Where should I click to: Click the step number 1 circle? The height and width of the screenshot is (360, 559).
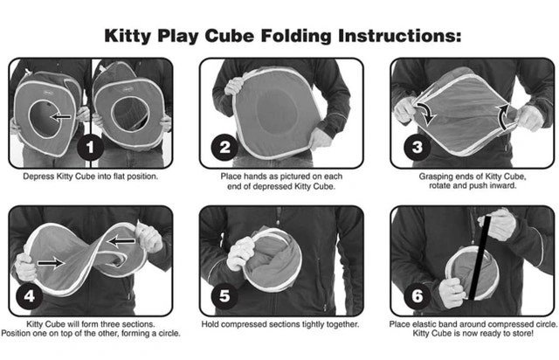[x=90, y=147]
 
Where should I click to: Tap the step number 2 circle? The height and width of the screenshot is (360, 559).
[x=224, y=147]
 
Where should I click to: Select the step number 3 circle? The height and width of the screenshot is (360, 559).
[x=418, y=147]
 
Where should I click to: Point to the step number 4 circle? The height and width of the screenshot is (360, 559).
[x=29, y=296]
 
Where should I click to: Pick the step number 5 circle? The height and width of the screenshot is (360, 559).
[x=224, y=296]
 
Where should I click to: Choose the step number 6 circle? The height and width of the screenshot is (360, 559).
[x=418, y=296]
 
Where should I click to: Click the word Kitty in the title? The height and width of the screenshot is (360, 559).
[x=128, y=37]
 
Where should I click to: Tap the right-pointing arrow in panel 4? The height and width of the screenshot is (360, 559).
[x=51, y=263]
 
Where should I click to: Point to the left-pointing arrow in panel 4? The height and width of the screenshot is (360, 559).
[x=121, y=241]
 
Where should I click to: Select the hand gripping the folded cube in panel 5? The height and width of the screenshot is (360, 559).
[x=241, y=253]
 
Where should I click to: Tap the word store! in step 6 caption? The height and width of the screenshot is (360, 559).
[x=522, y=334]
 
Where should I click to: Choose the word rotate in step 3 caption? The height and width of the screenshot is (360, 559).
[x=439, y=186]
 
